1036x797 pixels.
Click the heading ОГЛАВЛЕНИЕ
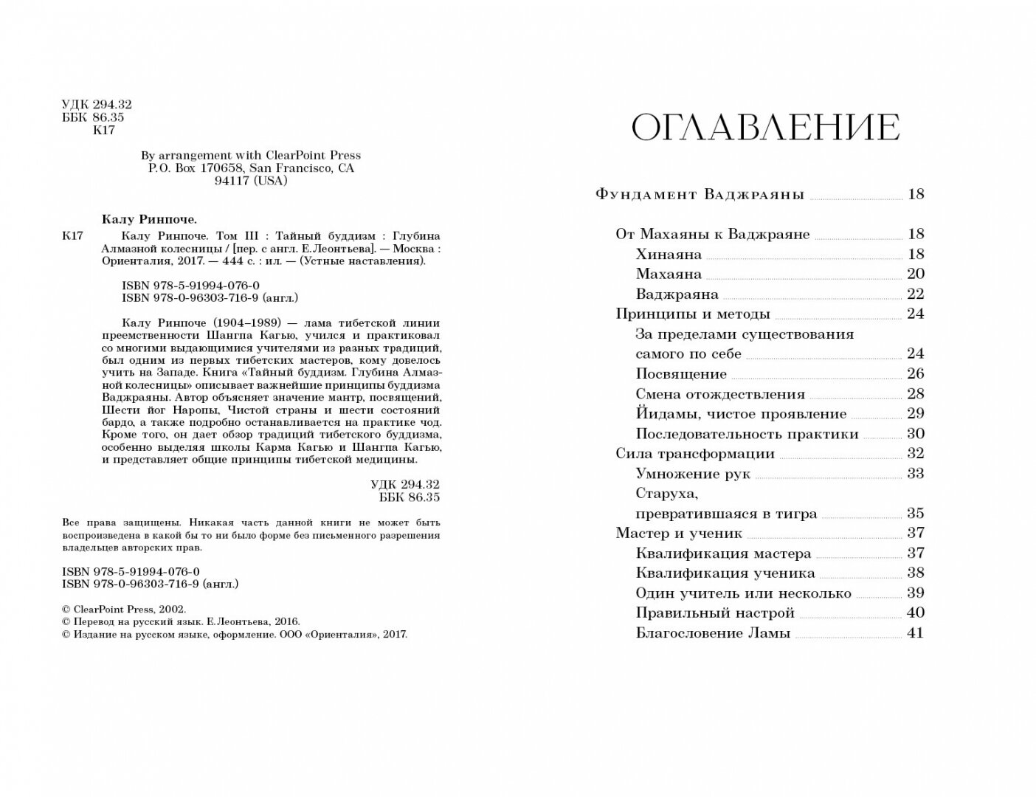765,128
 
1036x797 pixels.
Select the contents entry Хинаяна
669,255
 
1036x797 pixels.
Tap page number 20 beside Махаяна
915,274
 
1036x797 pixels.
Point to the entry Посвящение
681,374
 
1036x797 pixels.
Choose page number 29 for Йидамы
915,413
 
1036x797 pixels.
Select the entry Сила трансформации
695,454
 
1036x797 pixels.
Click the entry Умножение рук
693,474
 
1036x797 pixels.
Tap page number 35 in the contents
915,514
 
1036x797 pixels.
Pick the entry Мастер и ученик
679,534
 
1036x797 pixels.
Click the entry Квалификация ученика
725,573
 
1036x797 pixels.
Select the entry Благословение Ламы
713,633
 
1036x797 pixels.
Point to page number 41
915,632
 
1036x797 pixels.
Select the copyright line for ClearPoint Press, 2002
125,610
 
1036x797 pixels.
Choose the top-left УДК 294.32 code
96,106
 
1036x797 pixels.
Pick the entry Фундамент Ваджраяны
700,196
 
